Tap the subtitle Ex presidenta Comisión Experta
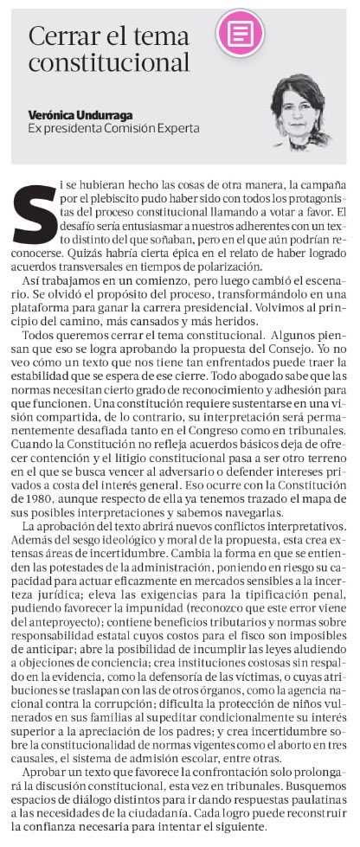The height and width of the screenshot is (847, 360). coord(113,128)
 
